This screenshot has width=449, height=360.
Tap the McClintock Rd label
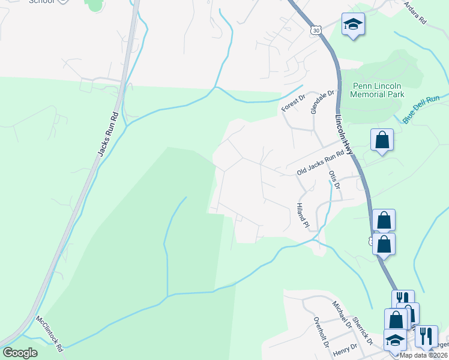pos(49,334)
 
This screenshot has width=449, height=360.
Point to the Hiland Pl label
pos(302,215)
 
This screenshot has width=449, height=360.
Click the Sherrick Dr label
pos(363,331)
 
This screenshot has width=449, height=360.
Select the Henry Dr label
pos(345,347)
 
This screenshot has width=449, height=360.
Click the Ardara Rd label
pos(415,12)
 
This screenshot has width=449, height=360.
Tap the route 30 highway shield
pos(316,29)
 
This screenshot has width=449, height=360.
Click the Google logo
pos(20,353)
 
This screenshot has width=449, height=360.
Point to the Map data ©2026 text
pos(424,355)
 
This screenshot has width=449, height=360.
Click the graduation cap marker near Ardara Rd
pos(354,25)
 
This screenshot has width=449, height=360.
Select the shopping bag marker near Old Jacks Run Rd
pos(382,140)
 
